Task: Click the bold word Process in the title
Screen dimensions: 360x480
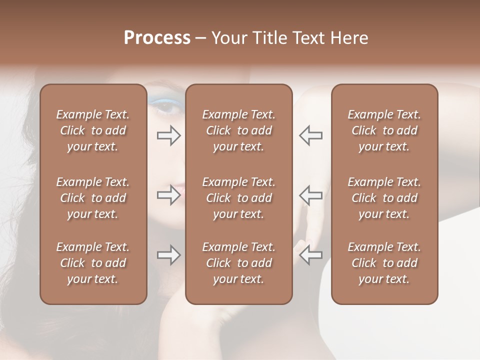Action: coord(157,38)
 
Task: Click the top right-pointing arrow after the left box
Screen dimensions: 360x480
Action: coord(168,135)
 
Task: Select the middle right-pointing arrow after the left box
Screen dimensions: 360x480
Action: coord(168,195)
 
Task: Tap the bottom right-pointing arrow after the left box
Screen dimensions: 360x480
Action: coord(168,255)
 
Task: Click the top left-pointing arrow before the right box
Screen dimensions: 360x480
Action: coord(311,135)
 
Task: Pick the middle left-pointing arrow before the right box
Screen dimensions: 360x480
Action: coord(311,195)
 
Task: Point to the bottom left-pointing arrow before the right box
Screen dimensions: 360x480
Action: coord(311,255)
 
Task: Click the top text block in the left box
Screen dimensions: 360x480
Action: coord(93,130)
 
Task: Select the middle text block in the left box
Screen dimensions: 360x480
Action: coord(93,198)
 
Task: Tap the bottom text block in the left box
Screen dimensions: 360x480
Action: coord(93,263)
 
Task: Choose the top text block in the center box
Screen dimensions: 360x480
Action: coord(239,130)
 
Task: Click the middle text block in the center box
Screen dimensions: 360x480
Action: coord(239,198)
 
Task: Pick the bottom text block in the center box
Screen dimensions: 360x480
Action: coord(239,263)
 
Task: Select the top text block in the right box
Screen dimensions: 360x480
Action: coord(384,130)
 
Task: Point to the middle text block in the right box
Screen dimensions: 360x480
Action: coord(384,198)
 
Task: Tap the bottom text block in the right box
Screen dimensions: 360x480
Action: coord(384,263)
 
